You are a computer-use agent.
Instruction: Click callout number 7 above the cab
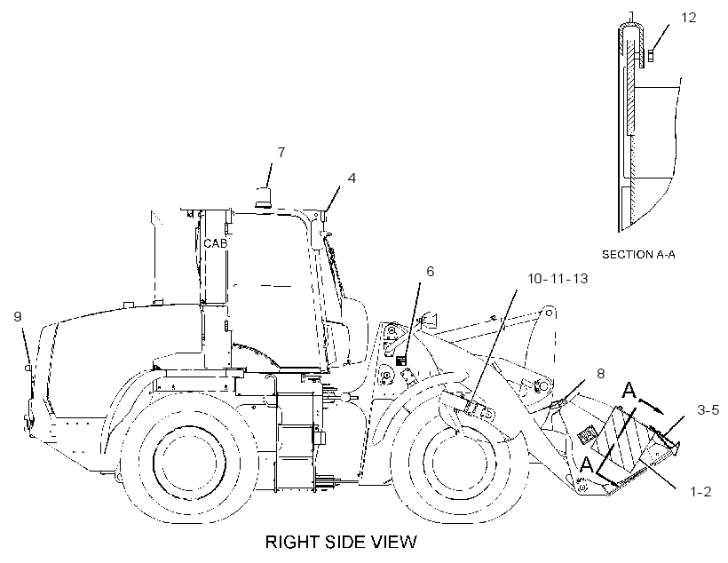pos(281,153)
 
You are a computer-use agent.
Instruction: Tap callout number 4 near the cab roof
pos(352,178)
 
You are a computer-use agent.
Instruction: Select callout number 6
pos(430,271)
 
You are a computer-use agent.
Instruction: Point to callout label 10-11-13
pos(558,278)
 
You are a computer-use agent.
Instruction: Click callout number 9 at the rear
pos(18,317)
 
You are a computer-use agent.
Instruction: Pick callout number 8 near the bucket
pos(600,374)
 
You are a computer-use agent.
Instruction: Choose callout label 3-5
pos(708,409)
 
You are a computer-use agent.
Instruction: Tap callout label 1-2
pos(700,491)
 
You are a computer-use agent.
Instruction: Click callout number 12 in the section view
pos(689,18)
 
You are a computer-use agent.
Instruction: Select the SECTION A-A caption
pos(638,255)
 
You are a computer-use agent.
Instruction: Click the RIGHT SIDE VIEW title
pos(341,542)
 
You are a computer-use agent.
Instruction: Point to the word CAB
pos(216,243)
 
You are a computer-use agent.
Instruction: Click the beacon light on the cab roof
pos(264,196)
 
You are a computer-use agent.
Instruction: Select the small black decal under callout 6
pos(400,361)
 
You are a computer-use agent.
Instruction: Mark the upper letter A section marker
pos(629,390)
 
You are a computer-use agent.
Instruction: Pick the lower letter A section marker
pos(588,464)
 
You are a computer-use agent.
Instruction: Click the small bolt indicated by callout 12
pos(651,56)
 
